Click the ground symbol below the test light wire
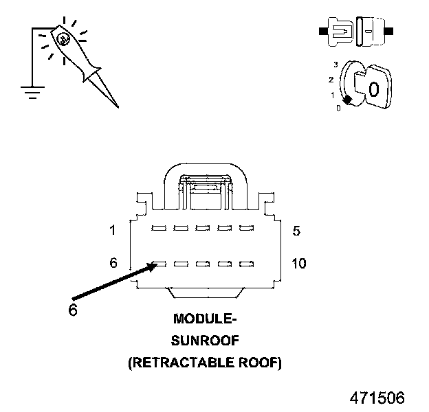[32, 92]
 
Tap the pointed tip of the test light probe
[118, 108]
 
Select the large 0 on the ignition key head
[374, 89]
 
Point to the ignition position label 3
[335, 65]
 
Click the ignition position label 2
[331, 80]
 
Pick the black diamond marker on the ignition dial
[347, 100]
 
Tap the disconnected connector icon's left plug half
[336, 32]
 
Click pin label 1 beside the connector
[113, 230]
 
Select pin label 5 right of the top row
[296, 231]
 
